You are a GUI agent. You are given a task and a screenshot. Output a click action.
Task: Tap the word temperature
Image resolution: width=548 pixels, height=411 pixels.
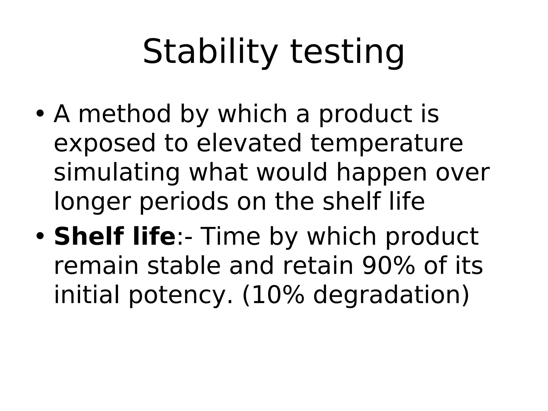[386, 144]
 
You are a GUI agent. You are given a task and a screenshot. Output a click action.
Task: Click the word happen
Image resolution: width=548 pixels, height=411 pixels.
[382, 173]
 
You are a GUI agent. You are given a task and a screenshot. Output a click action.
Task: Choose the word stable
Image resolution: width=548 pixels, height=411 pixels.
[184, 266]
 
